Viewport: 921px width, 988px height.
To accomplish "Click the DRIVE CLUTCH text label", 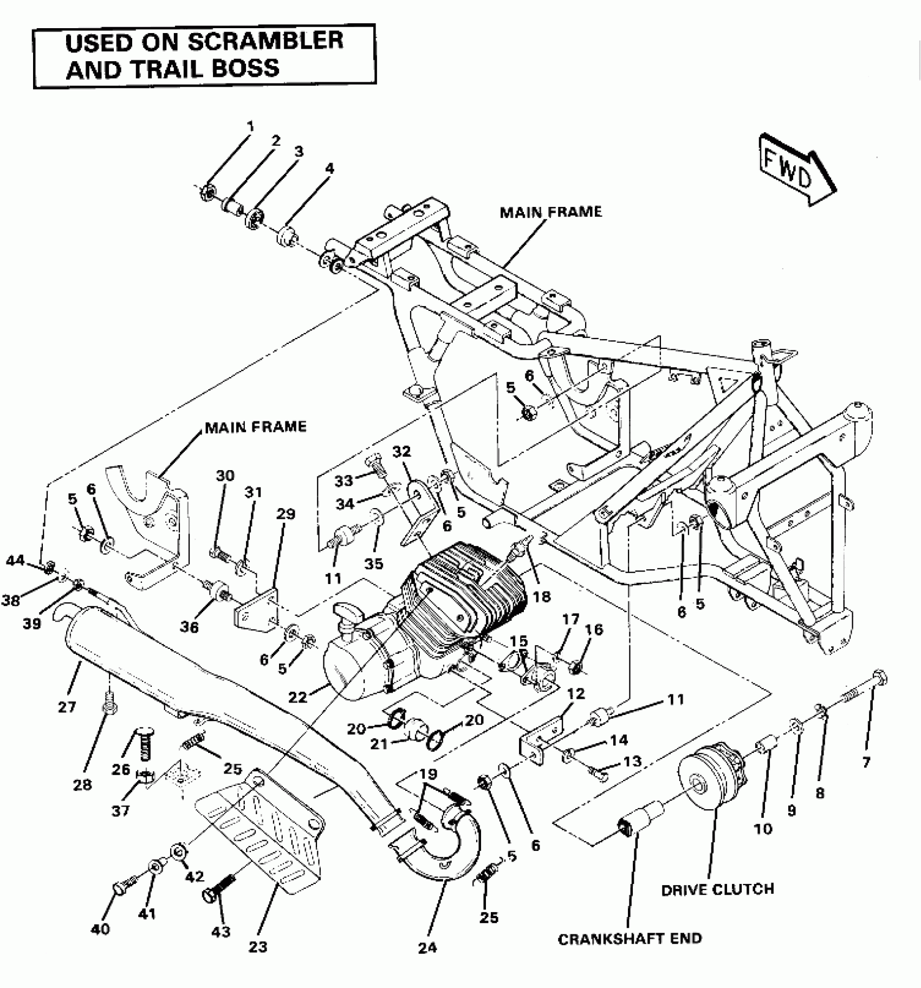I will pos(717,889).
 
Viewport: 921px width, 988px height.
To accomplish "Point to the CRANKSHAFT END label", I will pos(630,939).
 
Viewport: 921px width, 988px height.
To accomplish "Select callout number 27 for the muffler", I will pos(67,706).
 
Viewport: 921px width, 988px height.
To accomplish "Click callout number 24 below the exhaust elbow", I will pos(427,948).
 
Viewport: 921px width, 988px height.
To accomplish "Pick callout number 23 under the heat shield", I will pos(258,947).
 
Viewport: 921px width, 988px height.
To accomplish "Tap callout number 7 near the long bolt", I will pos(866,763).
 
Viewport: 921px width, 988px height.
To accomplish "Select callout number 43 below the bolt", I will pos(221,932).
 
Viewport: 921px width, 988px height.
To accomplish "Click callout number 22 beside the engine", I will pos(297,697).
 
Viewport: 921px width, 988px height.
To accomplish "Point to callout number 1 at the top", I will pos(250,127).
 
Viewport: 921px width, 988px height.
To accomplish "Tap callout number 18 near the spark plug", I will pos(541,596).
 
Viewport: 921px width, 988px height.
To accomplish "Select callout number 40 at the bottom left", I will pos(100,929).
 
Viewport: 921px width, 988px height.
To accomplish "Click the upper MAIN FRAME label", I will pos(550,212).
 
